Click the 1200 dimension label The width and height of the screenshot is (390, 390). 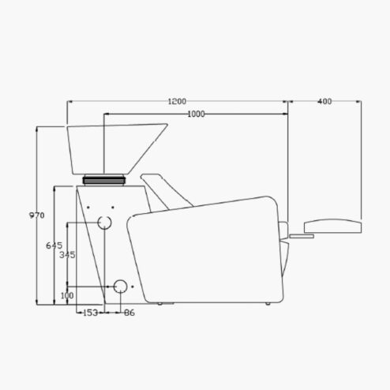point(177,101)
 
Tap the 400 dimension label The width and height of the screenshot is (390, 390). point(324,101)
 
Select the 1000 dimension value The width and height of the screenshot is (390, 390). point(196,114)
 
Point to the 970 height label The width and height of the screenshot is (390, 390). point(36,216)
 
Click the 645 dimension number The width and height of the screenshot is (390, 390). point(54,246)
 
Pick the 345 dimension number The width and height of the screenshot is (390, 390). point(67,255)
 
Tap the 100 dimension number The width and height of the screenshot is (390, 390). point(67,295)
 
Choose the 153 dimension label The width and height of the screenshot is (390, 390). point(91,313)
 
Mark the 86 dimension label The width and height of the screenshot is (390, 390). point(129,313)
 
